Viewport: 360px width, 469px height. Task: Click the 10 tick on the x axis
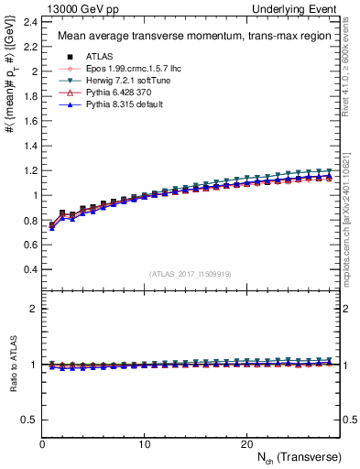click(x=144, y=443)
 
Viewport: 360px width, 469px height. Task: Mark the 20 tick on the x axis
click(x=245, y=443)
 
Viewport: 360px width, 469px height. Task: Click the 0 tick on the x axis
click(x=42, y=443)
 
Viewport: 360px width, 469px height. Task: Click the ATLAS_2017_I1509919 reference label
click(x=190, y=273)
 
